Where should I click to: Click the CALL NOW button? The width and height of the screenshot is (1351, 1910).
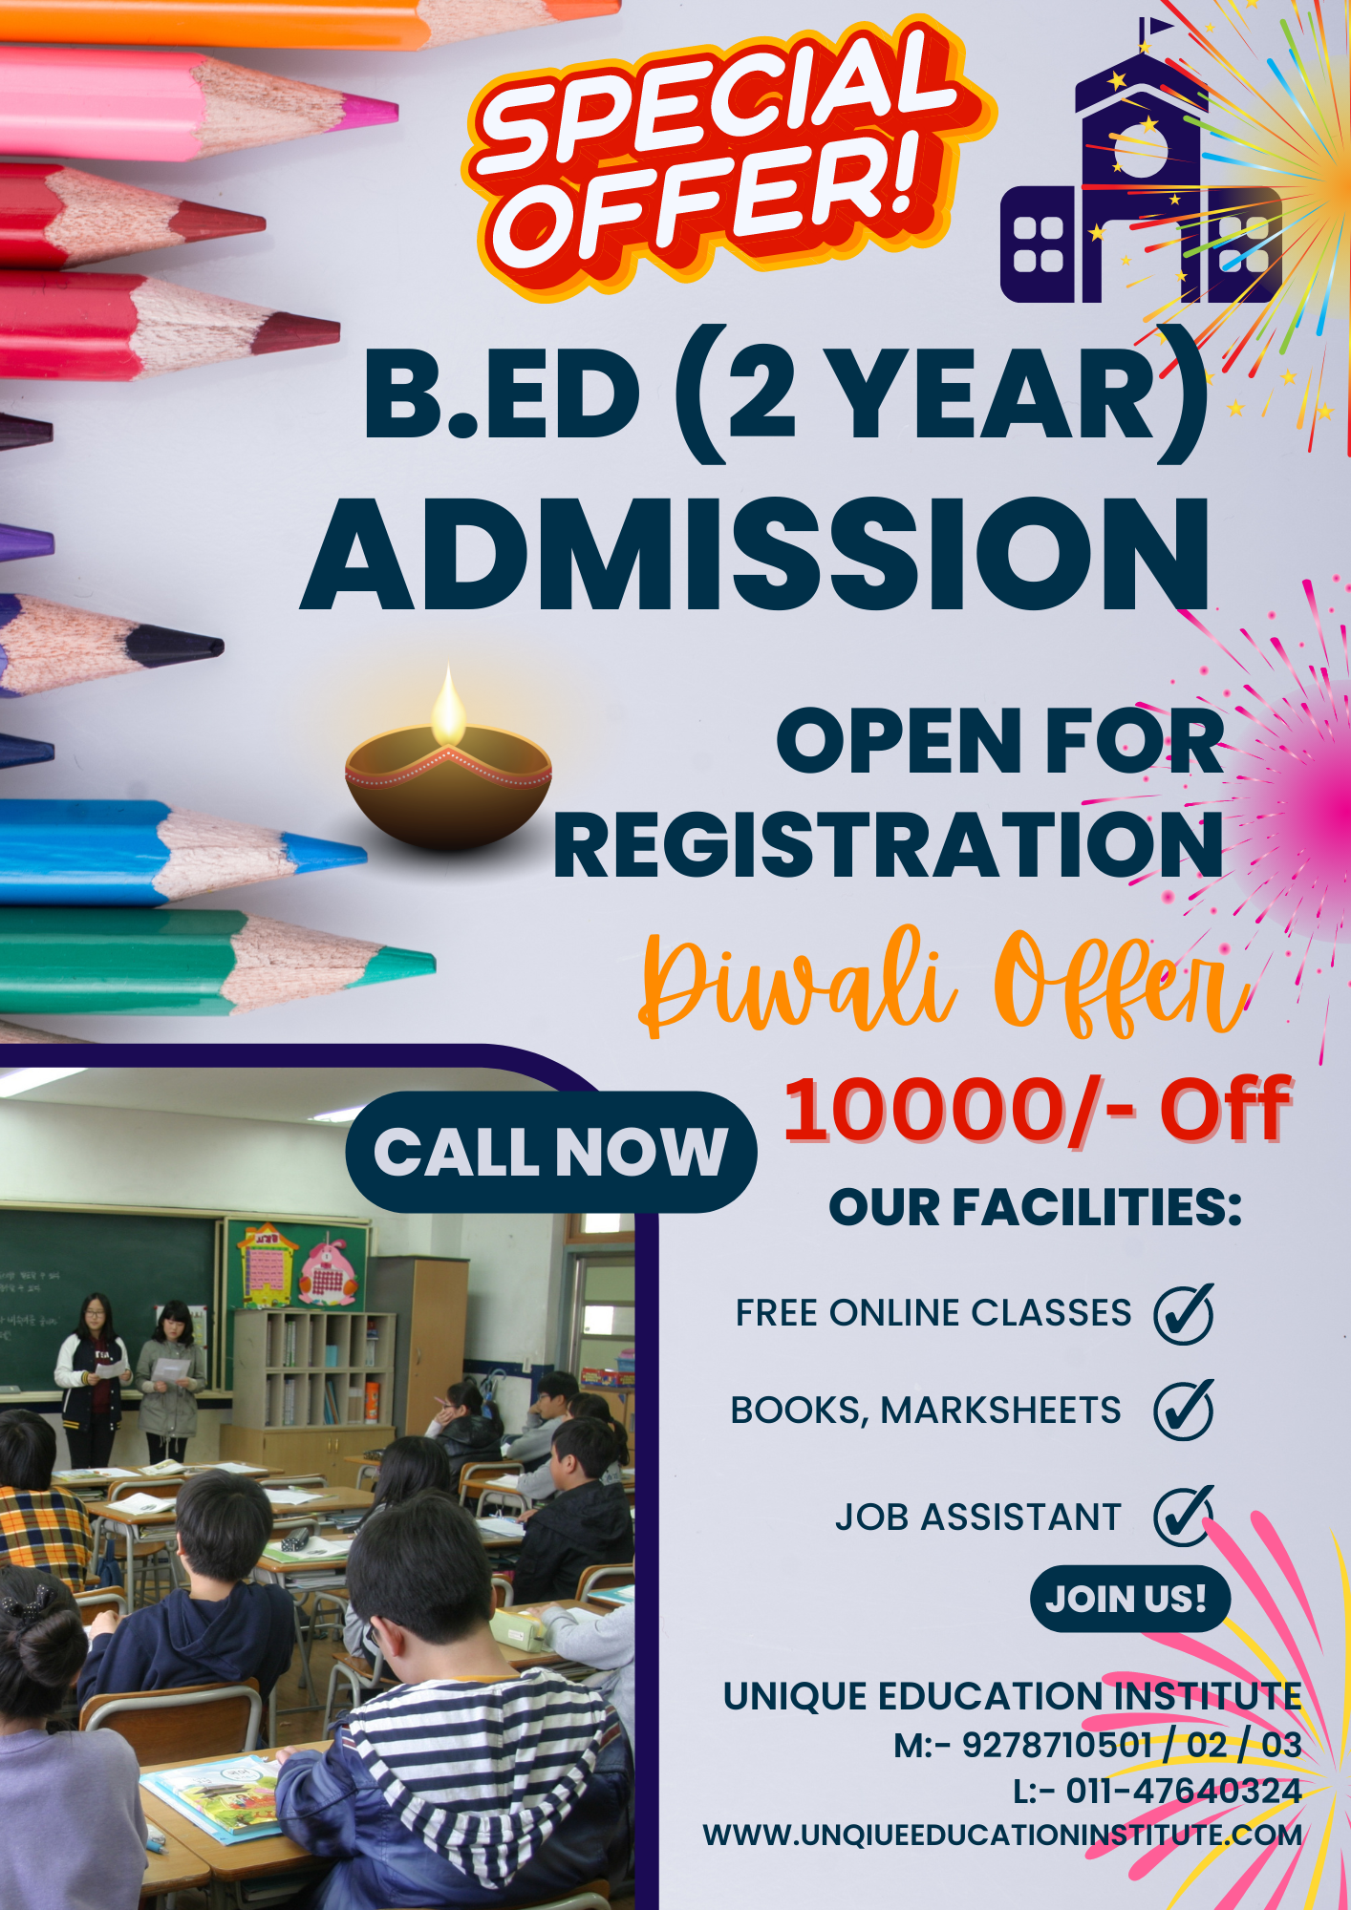551,1152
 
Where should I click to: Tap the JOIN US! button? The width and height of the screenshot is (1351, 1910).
1129,1599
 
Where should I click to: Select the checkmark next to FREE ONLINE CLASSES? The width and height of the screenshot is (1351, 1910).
1183,1313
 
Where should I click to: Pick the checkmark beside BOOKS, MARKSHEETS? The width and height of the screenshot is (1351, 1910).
1183,1410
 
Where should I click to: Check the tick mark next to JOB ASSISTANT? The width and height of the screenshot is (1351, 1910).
1183,1515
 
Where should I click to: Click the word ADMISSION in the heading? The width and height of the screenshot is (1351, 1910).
756,554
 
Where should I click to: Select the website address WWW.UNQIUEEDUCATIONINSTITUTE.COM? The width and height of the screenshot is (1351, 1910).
1002,1835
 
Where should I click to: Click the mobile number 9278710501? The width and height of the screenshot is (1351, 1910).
1056,1745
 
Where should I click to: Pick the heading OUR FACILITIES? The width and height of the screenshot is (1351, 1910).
1035,1207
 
